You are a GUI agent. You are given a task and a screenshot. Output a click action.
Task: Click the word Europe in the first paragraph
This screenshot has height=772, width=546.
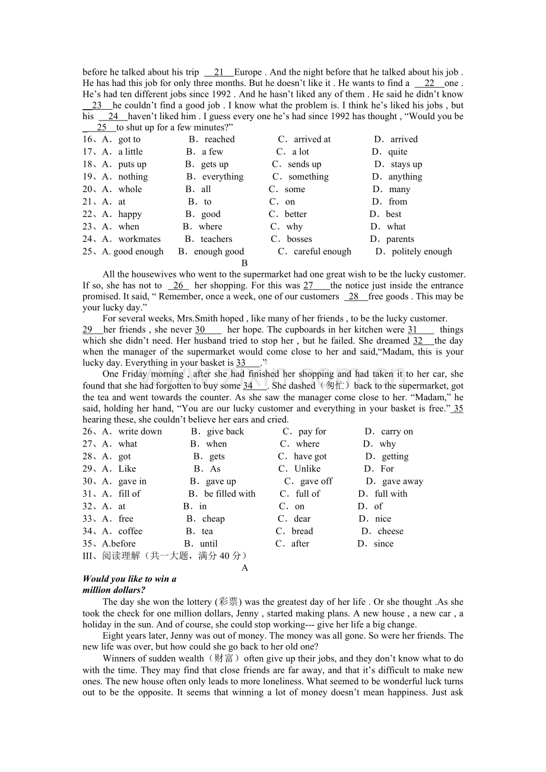[248, 72]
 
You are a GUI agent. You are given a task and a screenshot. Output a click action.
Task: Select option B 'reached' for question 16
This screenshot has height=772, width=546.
[219, 139]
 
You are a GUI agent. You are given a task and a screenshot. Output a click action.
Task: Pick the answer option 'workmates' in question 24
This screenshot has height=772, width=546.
[139, 239]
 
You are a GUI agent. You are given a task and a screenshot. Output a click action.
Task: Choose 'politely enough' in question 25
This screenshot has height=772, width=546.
[421, 251]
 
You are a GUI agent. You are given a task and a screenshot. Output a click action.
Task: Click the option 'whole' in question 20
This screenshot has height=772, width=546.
[130, 189]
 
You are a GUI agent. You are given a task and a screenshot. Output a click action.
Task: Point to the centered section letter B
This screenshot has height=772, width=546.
[245, 263]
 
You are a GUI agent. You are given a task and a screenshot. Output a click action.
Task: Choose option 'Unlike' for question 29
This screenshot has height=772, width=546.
[307, 468]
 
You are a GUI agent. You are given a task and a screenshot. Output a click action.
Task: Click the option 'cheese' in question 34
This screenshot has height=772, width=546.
[390, 531]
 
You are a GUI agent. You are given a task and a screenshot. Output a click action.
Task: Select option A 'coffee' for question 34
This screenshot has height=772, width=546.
[130, 531]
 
